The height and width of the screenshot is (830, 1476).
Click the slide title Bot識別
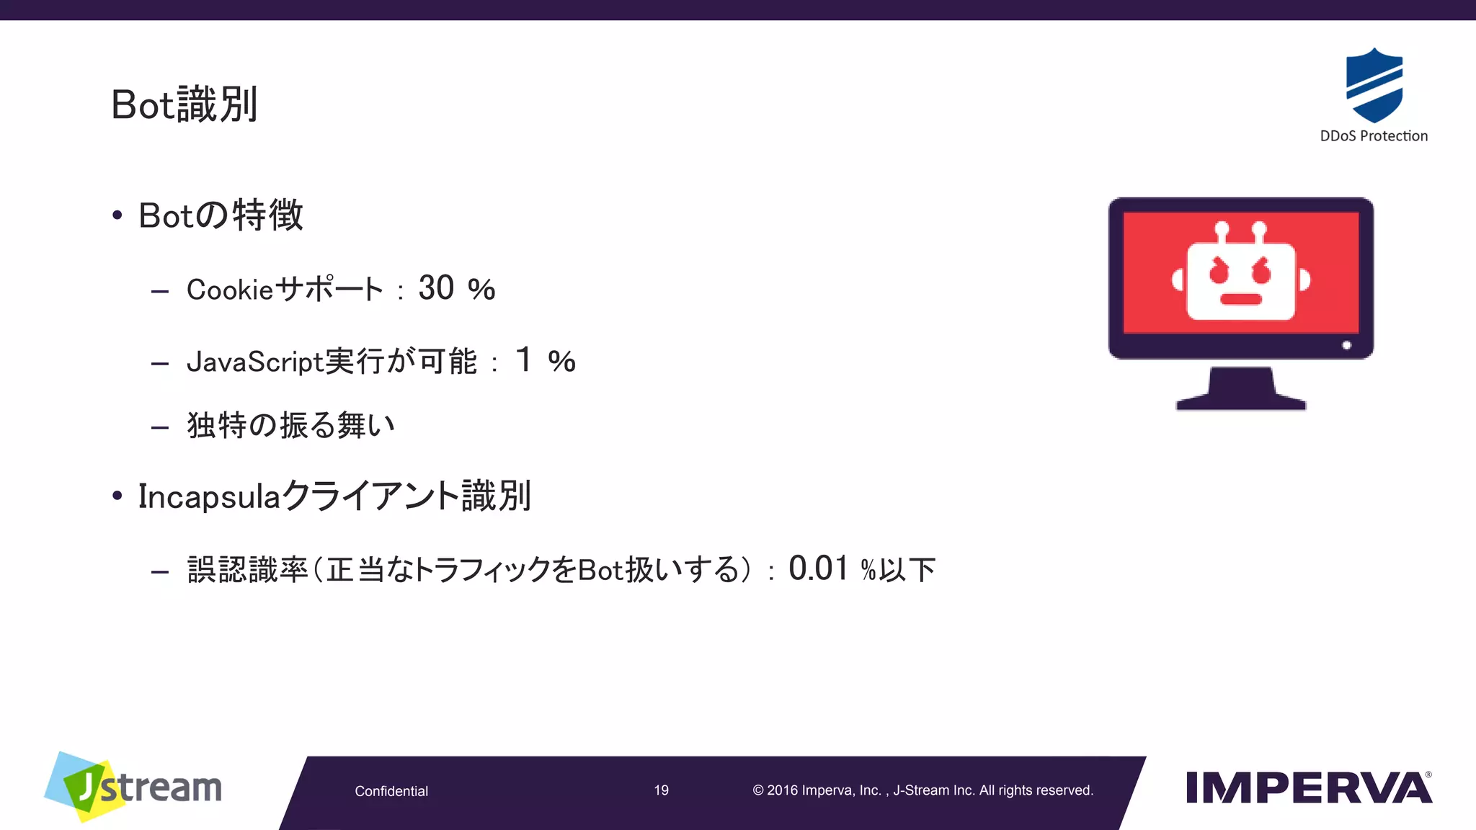coord(184,105)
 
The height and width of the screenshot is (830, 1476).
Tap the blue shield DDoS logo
coord(1374,85)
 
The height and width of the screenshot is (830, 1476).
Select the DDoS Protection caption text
coord(1373,136)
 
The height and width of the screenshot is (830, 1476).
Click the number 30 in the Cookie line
coord(436,288)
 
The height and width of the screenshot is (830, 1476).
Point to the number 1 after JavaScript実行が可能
coord(524,360)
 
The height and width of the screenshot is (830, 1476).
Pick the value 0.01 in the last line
coord(818,568)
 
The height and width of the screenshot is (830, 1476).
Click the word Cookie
coord(230,290)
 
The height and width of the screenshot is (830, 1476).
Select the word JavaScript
coord(254,362)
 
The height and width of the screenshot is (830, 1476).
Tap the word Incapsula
coord(209,496)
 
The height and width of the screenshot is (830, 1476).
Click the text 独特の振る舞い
coord(290,425)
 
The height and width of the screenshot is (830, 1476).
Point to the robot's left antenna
coord(1222,232)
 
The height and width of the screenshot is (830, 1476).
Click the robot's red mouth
coord(1240,299)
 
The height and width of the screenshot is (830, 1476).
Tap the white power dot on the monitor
coord(1346,345)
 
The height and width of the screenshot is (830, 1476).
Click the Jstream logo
coord(133,787)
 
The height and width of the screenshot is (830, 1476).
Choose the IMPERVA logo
coord(1309,787)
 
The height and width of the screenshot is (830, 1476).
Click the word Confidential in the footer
coord(391,791)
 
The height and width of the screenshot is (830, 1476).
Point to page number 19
coord(661,790)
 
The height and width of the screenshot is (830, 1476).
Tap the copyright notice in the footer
coord(922,790)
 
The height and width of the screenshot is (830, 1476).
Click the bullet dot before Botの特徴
coord(117,215)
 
